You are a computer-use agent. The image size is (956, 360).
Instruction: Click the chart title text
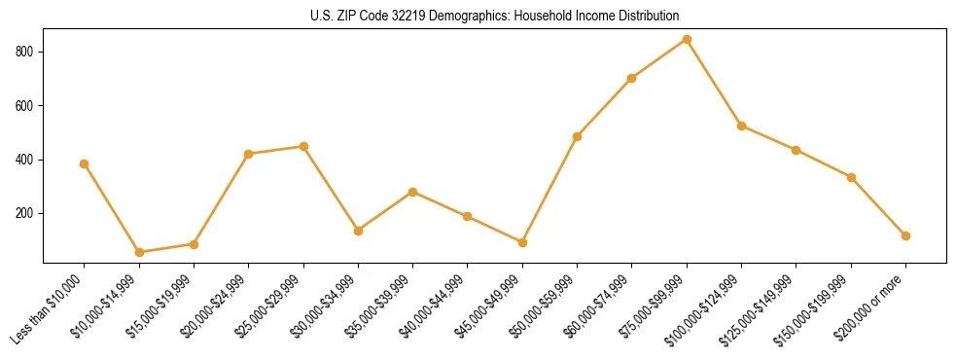pos(494,16)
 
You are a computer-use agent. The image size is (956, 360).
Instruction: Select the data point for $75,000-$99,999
pos(687,40)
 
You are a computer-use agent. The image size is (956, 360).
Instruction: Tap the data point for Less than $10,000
pos(85,163)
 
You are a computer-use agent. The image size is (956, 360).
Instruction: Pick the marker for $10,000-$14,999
pos(139,252)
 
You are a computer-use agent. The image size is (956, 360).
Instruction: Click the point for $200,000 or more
pos(905,235)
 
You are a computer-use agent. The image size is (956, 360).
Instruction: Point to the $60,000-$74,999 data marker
pos(632,78)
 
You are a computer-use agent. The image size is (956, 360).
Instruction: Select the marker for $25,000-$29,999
pos(303,146)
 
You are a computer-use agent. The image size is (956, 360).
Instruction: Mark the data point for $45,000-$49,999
pos(522,242)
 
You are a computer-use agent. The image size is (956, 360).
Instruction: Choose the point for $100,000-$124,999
pos(741,126)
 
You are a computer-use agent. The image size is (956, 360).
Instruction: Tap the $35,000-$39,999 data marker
pos(413,192)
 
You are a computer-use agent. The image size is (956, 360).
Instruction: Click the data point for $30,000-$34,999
pos(358,231)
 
